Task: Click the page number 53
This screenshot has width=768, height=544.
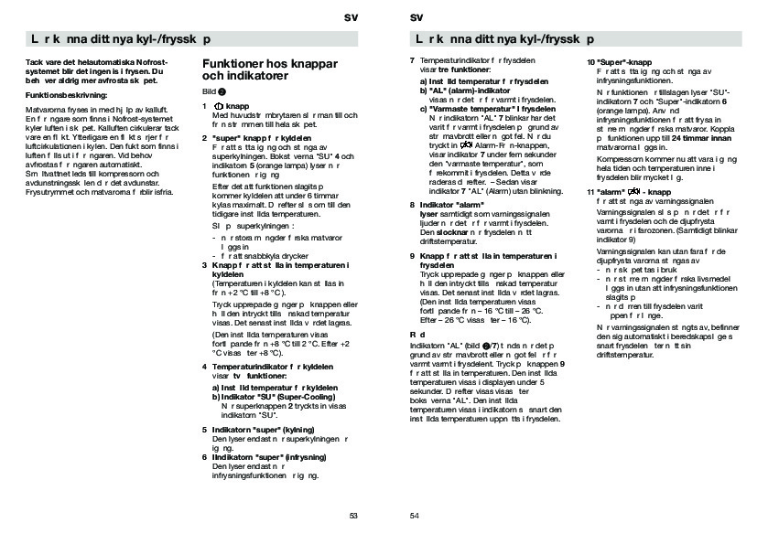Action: (x=353, y=515)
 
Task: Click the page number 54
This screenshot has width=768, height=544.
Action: (x=414, y=515)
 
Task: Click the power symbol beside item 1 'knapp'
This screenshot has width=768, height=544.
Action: (x=217, y=106)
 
